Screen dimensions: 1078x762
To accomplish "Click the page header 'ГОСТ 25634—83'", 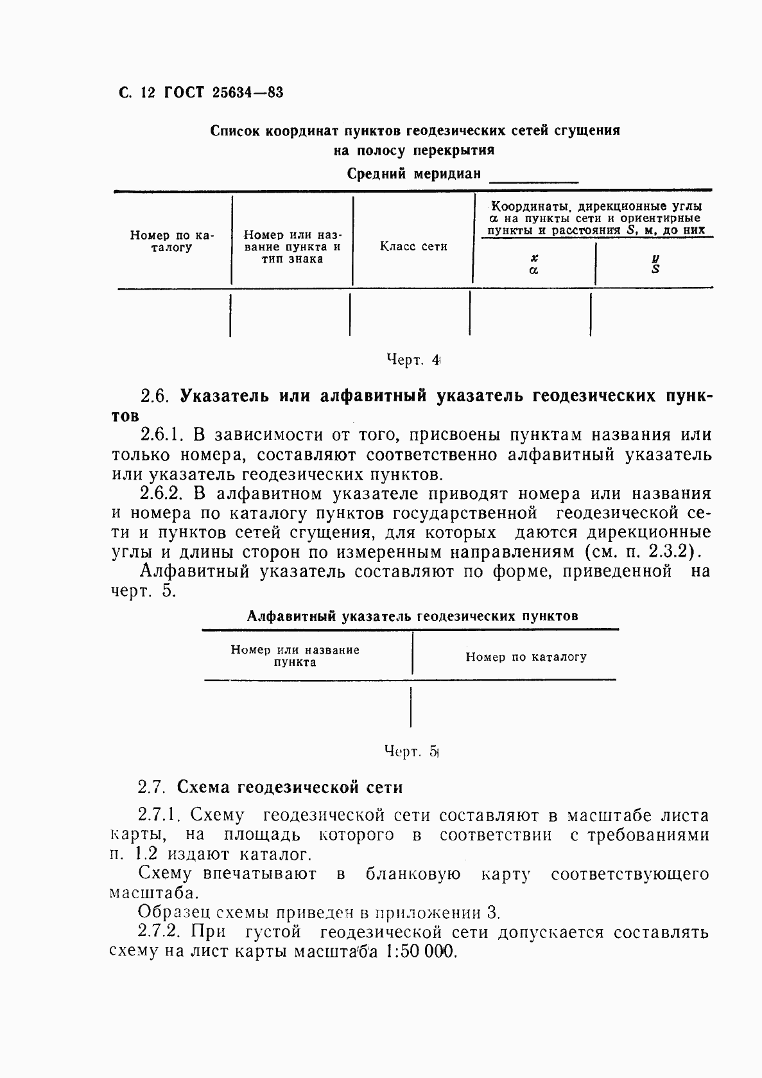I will tap(223, 92).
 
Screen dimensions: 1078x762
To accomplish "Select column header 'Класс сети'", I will tap(413, 247).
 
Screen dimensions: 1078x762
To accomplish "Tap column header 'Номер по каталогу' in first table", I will tap(171, 241).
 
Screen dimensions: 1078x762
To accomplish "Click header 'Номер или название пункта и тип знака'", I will tap(292, 247).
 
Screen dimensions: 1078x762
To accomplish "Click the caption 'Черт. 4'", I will tap(413, 361).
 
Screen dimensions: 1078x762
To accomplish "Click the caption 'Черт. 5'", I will tap(410, 751).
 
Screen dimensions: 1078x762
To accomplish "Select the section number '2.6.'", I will tap(154, 396).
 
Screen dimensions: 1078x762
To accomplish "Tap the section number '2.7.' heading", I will tap(152, 787).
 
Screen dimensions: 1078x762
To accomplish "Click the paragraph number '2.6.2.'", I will tap(162, 494).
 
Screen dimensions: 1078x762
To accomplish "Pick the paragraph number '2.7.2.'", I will tap(162, 932).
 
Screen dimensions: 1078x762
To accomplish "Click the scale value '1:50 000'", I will tap(421, 952).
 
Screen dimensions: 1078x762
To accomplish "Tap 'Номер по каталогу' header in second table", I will tap(526, 657).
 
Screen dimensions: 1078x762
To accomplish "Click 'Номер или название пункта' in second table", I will tap(295, 656).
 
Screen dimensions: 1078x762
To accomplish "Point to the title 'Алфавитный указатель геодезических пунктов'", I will tap(413, 616).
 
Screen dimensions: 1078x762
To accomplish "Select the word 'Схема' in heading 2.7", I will tap(204, 787).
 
